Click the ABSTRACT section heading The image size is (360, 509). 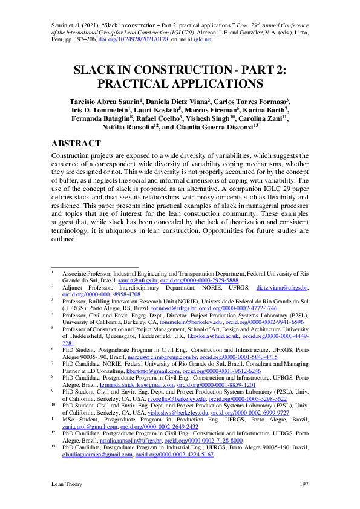tap(76, 144)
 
